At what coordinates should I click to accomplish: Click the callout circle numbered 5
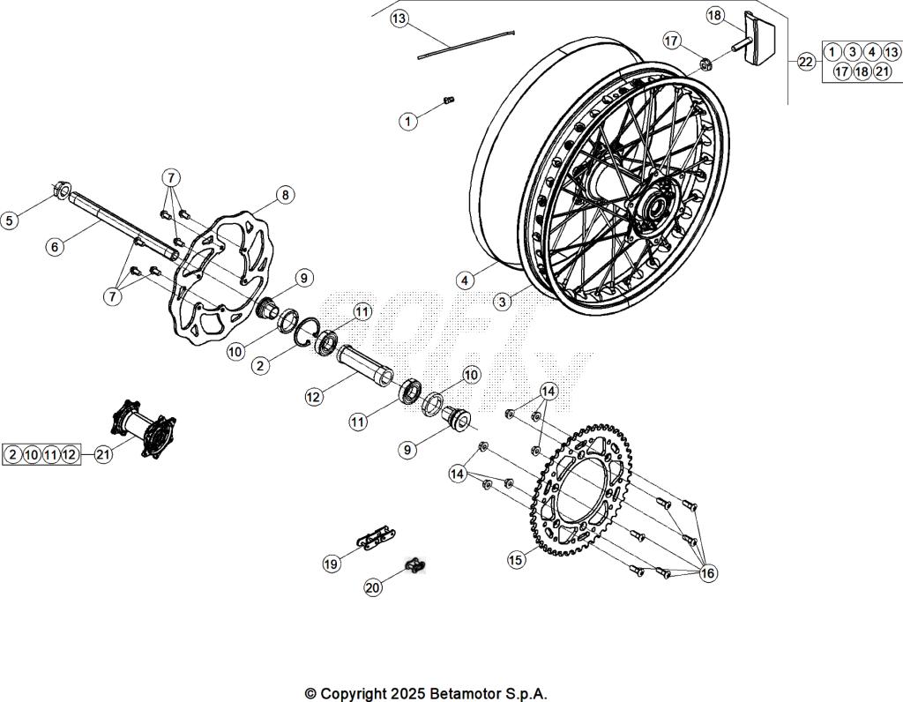click(x=10, y=220)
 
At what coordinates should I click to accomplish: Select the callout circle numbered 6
click(x=56, y=247)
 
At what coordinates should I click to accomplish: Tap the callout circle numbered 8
click(x=284, y=195)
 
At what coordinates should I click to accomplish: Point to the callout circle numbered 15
click(x=517, y=559)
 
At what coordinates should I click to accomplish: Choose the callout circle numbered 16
click(x=707, y=573)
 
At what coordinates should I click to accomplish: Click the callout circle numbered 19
click(x=332, y=564)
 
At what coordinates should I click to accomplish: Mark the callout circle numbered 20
click(x=374, y=587)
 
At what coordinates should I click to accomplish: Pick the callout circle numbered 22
click(x=806, y=61)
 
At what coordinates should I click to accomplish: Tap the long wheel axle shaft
click(x=123, y=225)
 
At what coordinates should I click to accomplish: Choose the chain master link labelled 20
click(x=415, y=564)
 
